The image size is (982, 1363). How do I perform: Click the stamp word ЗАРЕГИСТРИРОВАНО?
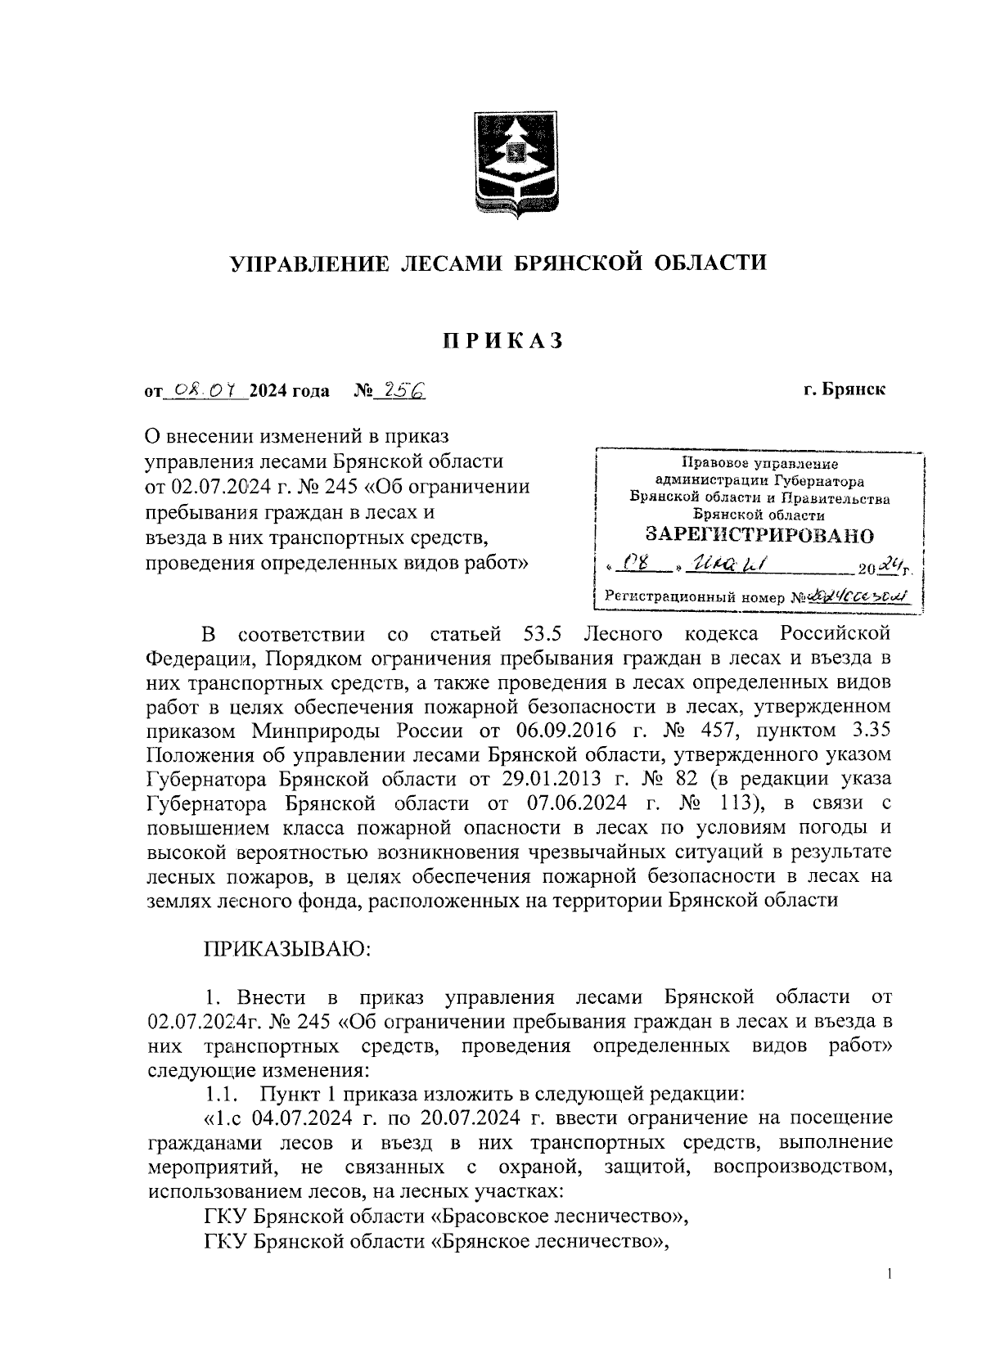click(x=759, y=536)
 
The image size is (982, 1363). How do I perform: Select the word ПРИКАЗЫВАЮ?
click(x=288, y=949)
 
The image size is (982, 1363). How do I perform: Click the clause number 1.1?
click(x=221, y=1093)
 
